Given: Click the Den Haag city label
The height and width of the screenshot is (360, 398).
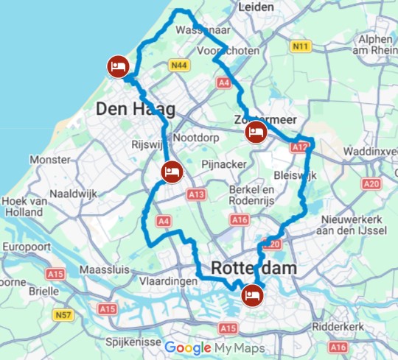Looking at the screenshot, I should tap(136, 110).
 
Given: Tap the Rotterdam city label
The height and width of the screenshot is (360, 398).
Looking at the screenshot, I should tap(254, 268).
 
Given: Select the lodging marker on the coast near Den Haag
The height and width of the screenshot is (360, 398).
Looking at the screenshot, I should tap(116, 65).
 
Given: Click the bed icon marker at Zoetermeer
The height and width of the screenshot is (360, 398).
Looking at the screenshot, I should tap(255, 133).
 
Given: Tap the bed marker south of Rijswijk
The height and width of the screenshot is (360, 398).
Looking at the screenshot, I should tap(170, 172).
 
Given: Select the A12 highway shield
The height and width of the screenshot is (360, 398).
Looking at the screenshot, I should tap(299, 147).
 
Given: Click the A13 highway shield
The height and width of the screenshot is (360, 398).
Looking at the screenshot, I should tap(195, 194).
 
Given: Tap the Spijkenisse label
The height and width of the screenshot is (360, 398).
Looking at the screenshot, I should tap(135, 342).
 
